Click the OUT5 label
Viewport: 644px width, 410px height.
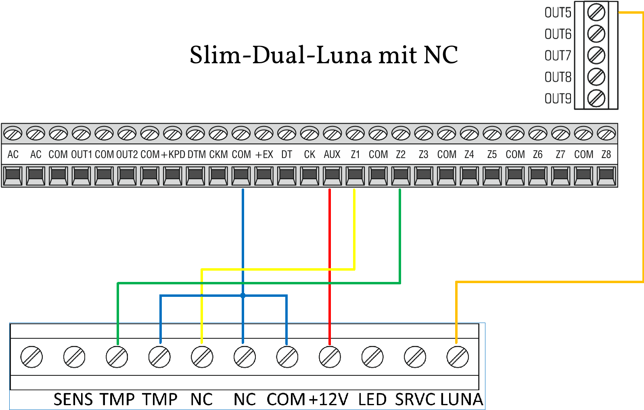(x=558, y=13)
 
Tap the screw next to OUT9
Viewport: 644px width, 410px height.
(x=596, y=98)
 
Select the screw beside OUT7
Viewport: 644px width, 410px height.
(x=596, y=55)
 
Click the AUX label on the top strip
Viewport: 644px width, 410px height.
(x=332, y=155)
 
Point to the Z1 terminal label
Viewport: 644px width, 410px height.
(x=355, y=155)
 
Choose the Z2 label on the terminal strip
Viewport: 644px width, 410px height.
(x=401, y=155)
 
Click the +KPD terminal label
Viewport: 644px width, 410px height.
(x=173, y=155)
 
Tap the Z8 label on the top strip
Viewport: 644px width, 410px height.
(x=606, y=155)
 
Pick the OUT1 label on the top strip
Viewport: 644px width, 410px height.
(x=82, y=155)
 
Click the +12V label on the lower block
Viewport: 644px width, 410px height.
(x=328, y=400)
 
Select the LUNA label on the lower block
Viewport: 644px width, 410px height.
(x=461, y=400)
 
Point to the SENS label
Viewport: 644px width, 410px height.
(x=73, y=400)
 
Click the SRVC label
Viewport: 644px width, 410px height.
(x=415, y=400)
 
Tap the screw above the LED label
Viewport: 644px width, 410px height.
(x=372, y=357)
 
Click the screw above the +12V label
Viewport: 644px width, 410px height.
(x=330, y=357)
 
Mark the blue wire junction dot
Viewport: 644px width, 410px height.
(x=243, y=296)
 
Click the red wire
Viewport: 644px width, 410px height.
(x=330, y=242)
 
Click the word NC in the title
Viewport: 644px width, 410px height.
(x=441, y=55)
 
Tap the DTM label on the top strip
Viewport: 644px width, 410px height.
(x=197, y=155)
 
